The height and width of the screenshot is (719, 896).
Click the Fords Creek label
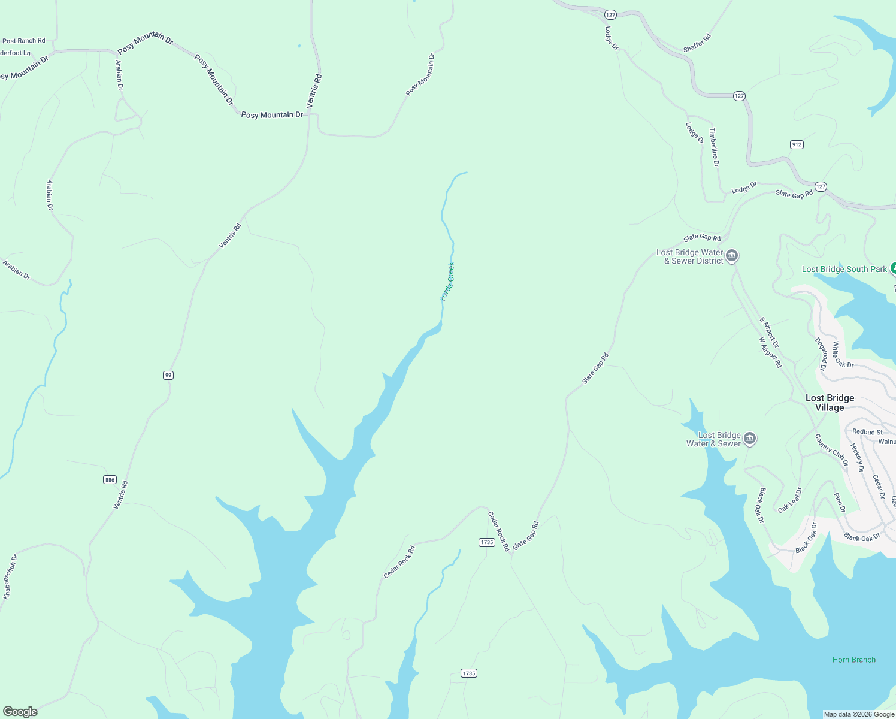point(447,281)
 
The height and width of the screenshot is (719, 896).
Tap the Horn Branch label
point(853,660)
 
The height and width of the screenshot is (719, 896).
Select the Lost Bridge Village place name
point(830,403)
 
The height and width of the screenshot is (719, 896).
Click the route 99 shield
point(168,375)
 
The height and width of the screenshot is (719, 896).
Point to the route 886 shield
point(110,479)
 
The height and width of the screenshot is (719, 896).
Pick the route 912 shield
point(797,144)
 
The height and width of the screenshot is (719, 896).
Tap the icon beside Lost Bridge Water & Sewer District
point(732,256)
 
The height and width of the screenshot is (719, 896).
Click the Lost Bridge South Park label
point(844,269)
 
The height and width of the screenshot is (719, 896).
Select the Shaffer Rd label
point(697,43)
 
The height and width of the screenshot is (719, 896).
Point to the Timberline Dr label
point(714,147)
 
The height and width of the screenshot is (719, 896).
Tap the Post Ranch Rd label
point(24,41)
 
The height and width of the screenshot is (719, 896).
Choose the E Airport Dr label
point(769,333)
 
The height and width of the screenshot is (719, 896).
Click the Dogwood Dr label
point(821,354)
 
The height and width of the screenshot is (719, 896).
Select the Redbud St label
point(867,431)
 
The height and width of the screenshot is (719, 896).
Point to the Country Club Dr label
point(832,450)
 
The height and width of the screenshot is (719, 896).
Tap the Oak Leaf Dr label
point(790,500)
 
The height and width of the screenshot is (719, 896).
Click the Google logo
point(20,712)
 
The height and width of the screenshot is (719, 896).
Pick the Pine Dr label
point(840,503)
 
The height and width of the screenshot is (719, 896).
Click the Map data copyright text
point(859,714)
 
